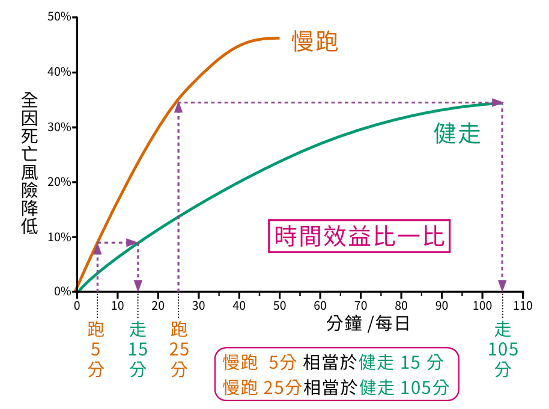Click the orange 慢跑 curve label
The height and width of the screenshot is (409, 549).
pyautogui.click(x=315, y=42)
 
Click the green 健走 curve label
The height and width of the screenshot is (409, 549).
pyautogui.click(x=457, y=134)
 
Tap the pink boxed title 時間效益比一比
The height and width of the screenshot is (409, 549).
pyautogui.click(x=359, y=236)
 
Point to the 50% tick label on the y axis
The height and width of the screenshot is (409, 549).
pyautogui.click(x=59, y=17)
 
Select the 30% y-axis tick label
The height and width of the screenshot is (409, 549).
pyautogui.click(x=59, y=128)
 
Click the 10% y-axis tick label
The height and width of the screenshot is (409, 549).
pyautogui.click(x=59, y=237)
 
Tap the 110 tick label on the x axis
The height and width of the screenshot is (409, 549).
pyautogui.click(x=523, y=305)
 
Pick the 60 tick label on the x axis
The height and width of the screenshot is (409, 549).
pyautogui.click(x=320, y=305)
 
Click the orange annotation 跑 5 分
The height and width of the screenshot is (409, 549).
pyautogui.click(x=96, y=349)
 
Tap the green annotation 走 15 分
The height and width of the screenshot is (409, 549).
pyautogui.click(x=138, y=349)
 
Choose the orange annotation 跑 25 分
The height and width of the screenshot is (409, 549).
pyautogui.click(x=178, y=349)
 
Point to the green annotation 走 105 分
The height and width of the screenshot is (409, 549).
pyautogui.click(x=503, y=349)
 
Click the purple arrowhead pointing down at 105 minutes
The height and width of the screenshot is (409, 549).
pyautogui.click(x=502, y=285)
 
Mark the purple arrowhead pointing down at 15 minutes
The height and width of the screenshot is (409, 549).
pyautogui.click(x=138, y=285)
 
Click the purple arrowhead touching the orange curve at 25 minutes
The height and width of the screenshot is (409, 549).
pyautogui.click(x=178, y=106)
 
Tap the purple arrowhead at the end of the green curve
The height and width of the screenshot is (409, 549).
pyautogui.click(x=497, y=103)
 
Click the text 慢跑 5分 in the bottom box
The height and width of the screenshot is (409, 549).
pyautogui.click(x=259, y=363)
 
